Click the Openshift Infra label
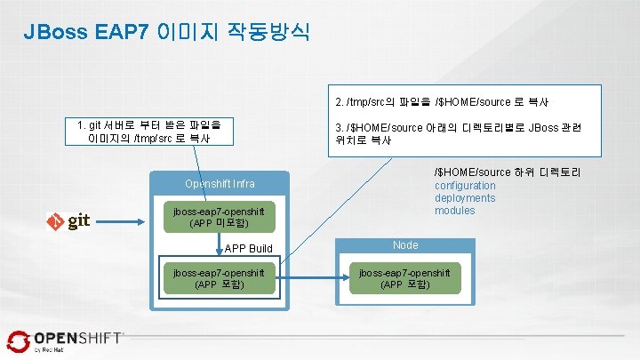click(x=220, y=184)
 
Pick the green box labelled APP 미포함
click(x=220, y=218)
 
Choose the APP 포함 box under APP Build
click(x=220, y=278)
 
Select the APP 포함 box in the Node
click(x=404, y=278)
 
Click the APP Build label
click(x=249, y=248)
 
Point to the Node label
click(x=405, y=244)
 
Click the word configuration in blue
click(x=465, y=186)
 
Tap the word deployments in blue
click(x=465, y=198)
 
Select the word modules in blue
click(x=455, y=211)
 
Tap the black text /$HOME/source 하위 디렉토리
click(x=507, y=172)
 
